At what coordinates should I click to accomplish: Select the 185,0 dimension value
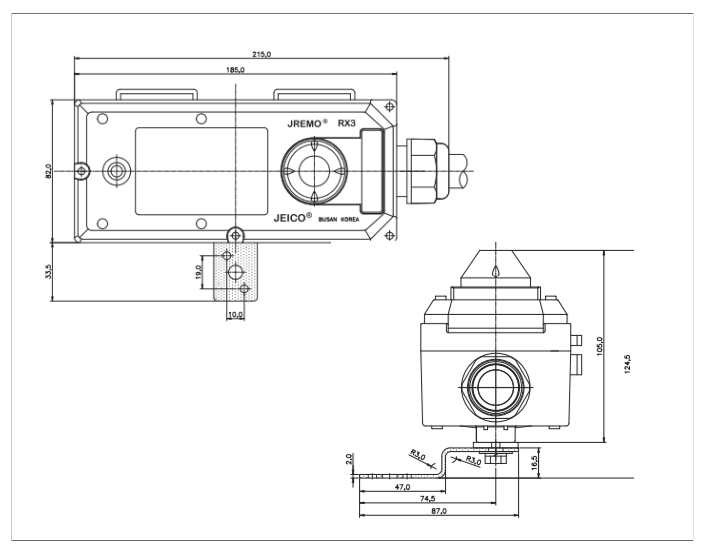235,70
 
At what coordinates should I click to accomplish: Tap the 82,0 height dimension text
48,171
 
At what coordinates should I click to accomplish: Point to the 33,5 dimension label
48,271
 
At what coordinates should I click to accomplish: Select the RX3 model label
347,123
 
